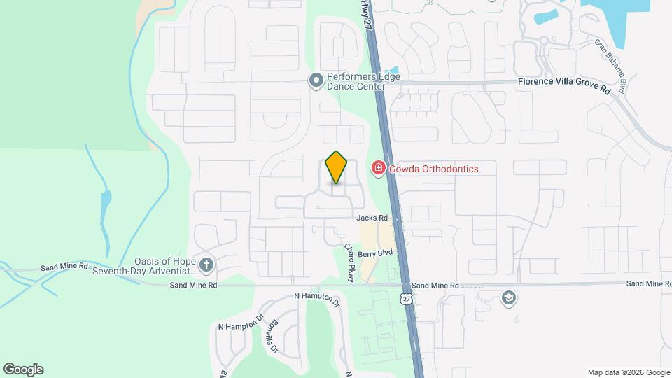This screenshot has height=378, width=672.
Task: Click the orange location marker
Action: tap(337, 167)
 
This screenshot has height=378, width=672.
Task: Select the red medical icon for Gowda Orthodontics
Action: tap(378, 168)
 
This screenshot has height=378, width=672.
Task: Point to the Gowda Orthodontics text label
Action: tap(434, 169)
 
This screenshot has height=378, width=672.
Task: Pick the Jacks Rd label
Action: tap(372, 218)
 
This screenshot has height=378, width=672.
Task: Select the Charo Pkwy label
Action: tap(350, 262)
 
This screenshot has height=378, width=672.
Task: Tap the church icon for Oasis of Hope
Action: tap(206, 265)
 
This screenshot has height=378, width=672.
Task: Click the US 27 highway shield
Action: tap(406, 299)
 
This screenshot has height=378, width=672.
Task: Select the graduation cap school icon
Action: tap(509, 299)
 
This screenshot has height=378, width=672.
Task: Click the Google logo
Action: tap(23, 370)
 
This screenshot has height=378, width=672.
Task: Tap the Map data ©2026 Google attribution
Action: tap(628, 372)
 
